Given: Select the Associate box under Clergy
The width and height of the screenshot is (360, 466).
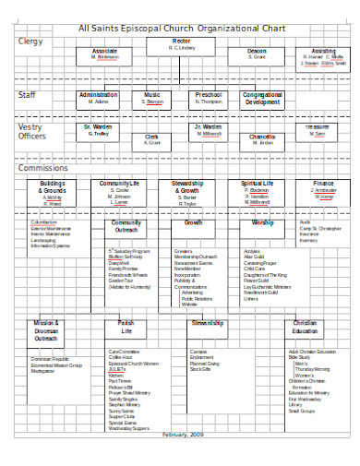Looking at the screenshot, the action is (105, 54).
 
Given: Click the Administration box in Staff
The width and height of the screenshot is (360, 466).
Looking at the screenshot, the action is (99, 98).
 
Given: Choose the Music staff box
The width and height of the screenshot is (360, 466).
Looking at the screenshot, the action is (153, 98).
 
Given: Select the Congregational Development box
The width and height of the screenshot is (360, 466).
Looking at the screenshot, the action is (262, 98).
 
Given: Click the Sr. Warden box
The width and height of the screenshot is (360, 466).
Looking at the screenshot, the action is (99, 129).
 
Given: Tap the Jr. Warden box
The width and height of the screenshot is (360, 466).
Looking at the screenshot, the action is (209, 129).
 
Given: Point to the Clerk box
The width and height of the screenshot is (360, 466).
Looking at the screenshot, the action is (152, 139).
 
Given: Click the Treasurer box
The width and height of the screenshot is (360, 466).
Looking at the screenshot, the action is (318, 129).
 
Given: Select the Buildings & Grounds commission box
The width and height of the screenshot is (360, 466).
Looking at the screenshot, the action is (53, 191).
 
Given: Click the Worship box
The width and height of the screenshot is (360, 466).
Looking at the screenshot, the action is (262, 223).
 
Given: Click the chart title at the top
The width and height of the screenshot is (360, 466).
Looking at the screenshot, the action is (180, 28).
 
